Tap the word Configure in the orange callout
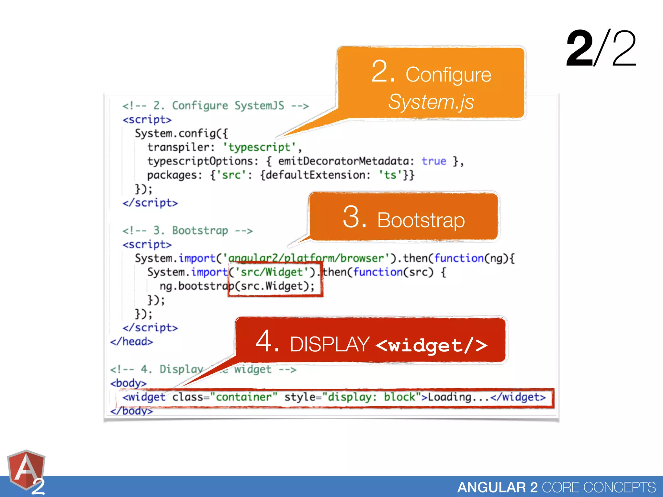[x=448, y=75]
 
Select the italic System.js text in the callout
[x=431, y=102]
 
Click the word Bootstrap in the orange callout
[x=421, y=220]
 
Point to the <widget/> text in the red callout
[x=432, y=345]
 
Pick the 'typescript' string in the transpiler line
[x=259, y=148]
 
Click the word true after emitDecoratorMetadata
[x=434, y=161]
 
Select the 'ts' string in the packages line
[x=390, y=175]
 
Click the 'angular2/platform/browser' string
[x=306, y=258]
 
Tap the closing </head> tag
[x=131, y=342]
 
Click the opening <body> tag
[x=129, y=383]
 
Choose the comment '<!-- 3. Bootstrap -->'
[x=187, y=231]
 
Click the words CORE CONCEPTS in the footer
[x=599, y=487]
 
